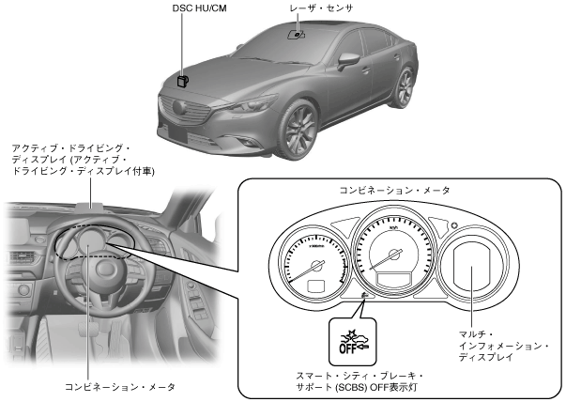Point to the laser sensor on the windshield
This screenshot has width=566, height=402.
pos(298,35)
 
